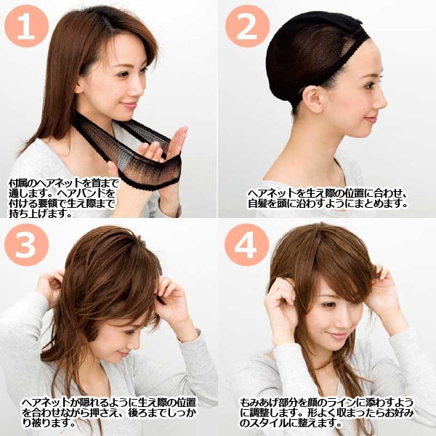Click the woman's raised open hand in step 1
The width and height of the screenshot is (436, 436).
tap(163, 145)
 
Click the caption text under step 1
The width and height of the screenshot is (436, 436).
tap(65, 195)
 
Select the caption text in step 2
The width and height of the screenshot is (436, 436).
tap(327, 198)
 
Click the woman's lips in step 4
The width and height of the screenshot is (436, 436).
tap(340, 336)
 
